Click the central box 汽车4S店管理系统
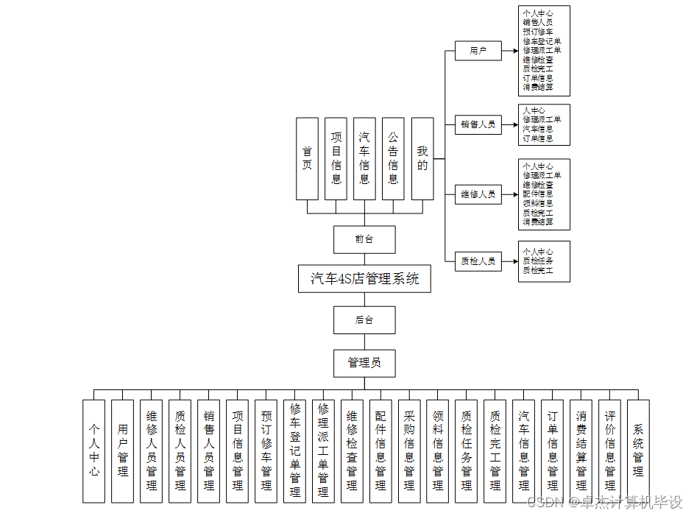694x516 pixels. click(x=364, y=279)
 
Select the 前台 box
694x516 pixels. click(x=364, y=239)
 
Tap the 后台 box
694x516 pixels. click(x=364, y=320)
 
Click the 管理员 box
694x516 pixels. click(x=364, y=362)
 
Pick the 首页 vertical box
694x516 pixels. click(x=307, y=158)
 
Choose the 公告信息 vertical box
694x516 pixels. click(x=393, y=158)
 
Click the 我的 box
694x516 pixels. click(x=422, y=158)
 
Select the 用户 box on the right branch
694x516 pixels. click(x=478, y=51)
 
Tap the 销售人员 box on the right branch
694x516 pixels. click(x=478, y=124)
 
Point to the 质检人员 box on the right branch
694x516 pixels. click(x=478, y=261)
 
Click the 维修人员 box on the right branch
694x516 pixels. click(x=478, y=195)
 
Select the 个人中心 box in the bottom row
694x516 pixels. click(x=94, y=450)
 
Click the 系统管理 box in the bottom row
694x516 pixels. click(x=638, y=450)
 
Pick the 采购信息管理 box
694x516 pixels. click(x=409, y=450)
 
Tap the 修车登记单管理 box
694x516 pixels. click(x=294, y=450)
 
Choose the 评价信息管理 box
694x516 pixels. click(x=609, y=450)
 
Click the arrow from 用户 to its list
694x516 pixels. click(x=509, y=51)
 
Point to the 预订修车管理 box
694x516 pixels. click(x=266, y=450)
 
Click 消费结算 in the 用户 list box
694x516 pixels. click(x=537, y=87)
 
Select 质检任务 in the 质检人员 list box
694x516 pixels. click(x=537, y=261)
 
